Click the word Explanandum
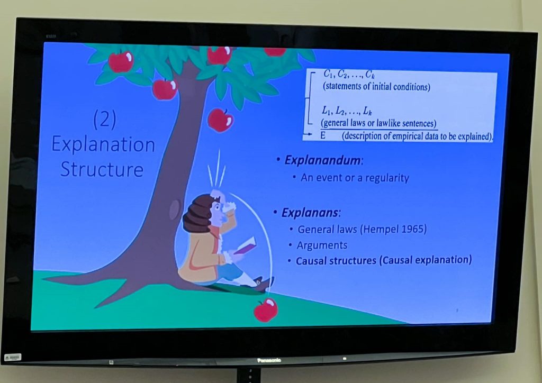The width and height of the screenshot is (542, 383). point(323,160)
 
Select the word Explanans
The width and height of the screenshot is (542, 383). point(310,212)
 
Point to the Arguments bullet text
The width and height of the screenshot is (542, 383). point(322,245)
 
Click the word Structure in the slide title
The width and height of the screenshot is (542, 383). point(102,170)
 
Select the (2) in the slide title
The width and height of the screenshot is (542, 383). point(105,120)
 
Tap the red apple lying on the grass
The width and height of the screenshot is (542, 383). point(266,309)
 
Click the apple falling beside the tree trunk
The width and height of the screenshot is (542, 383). point(220,120)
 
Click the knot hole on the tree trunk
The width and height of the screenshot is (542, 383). point(175,209)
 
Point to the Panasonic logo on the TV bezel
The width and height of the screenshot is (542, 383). point(269,360)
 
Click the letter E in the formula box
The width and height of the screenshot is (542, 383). point(322,135)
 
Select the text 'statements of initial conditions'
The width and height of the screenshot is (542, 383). point(376,86)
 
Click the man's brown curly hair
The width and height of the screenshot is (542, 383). point(197,213)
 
